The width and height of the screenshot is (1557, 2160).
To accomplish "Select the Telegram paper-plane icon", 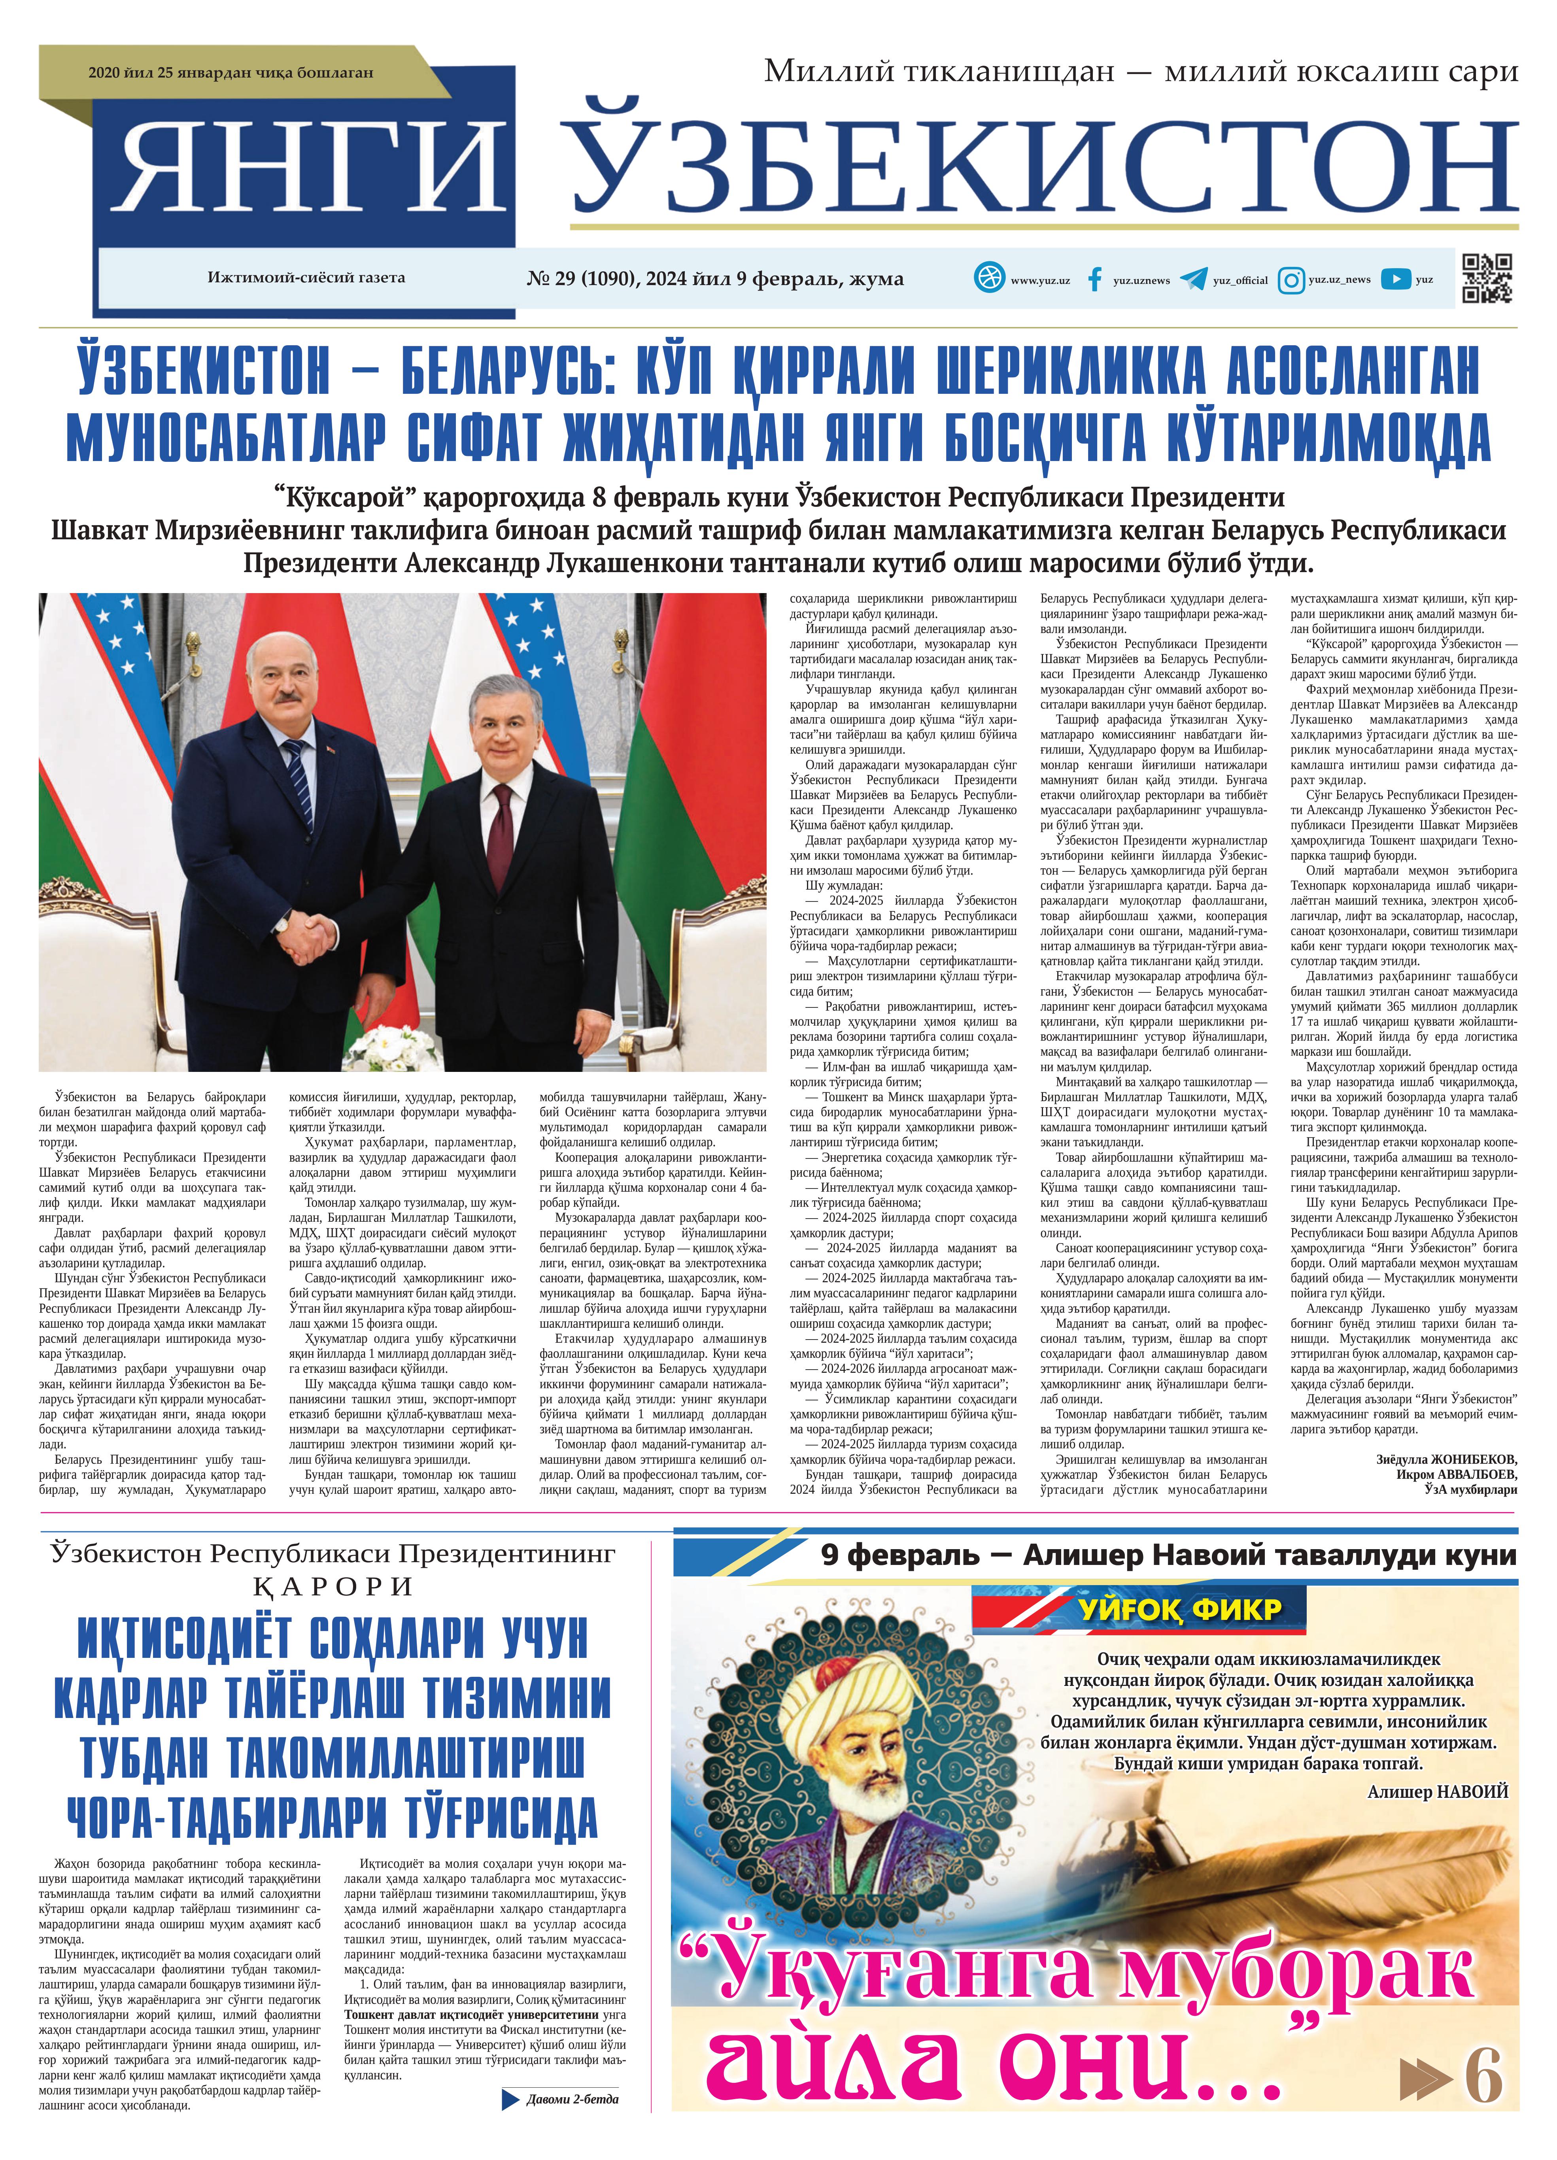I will point(1193,279).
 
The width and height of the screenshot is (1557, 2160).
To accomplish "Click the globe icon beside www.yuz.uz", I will point(989,278).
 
